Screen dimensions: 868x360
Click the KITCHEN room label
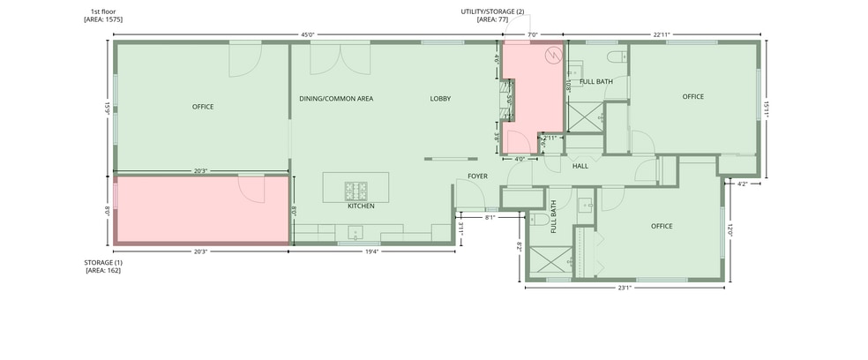[361, 206]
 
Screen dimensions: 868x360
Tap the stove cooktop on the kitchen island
[356, 191]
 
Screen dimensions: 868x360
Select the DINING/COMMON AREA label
[336, 99]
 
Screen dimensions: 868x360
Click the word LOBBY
[441, 99]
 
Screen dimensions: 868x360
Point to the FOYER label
[478, 176]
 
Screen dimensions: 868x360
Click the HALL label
[580, 166]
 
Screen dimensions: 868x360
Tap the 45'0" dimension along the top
[308, 34]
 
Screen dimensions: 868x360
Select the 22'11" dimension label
[662, 34]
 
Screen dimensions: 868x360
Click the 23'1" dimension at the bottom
[625, 288]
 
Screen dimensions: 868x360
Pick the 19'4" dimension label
[371, 251]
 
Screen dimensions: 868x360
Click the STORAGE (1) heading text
[103, 262]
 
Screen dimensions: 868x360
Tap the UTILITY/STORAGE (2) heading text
[493, 11]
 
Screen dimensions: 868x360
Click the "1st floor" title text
[103, 11]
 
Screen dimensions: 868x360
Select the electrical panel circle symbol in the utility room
[554, 55]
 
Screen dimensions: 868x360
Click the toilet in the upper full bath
[617, 56]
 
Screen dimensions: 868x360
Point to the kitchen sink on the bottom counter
[355, 232]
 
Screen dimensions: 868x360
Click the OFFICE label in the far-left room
[203, 107]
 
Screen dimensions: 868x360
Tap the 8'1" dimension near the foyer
[490, 218]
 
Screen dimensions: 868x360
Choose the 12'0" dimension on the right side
[730, 229]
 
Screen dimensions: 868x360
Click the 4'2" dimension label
[744, 184]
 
